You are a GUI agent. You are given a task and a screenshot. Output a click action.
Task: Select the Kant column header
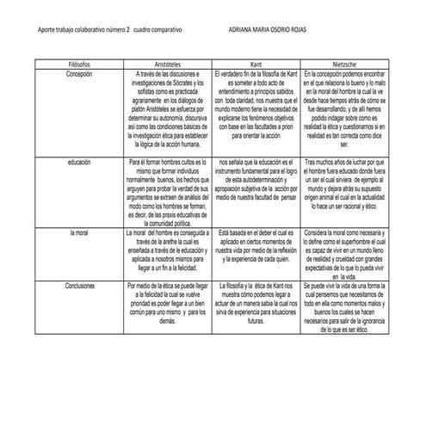coord(256,65)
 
